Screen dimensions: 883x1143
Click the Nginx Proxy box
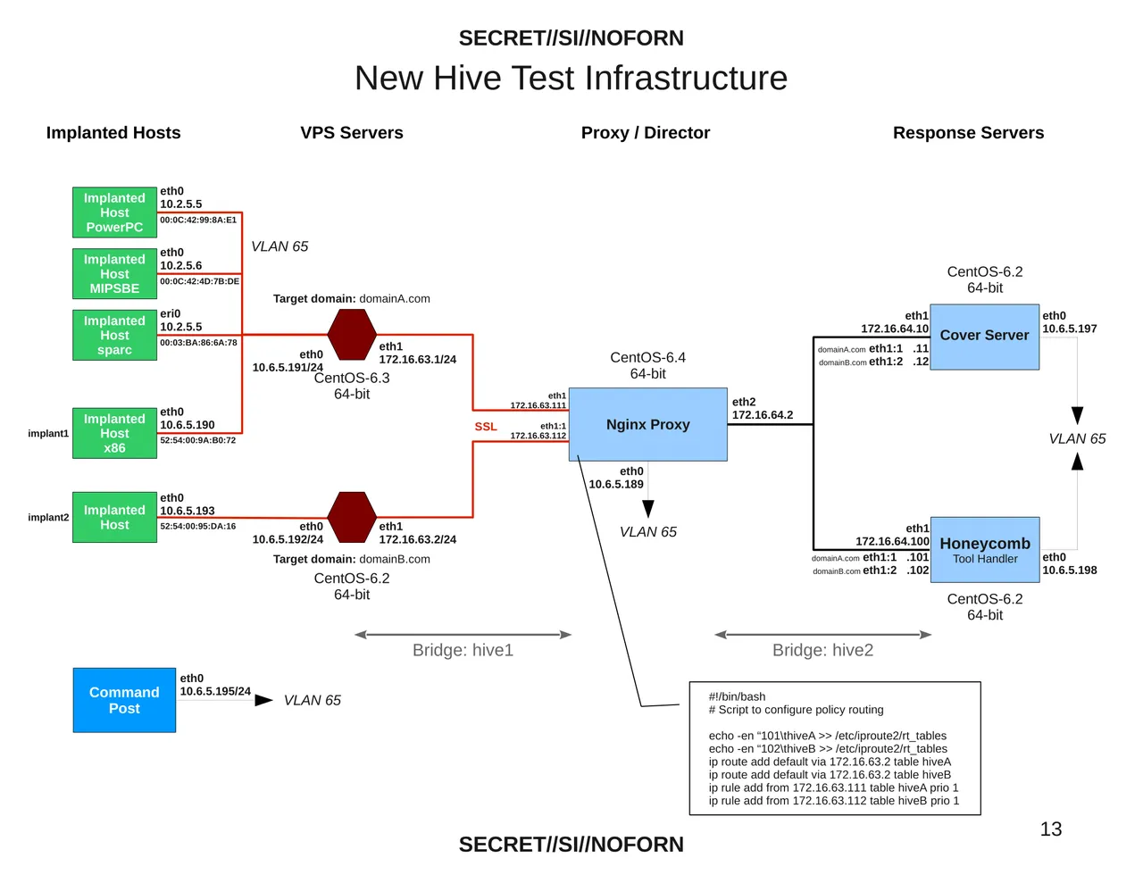(647, 424)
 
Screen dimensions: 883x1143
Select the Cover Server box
(984, 336)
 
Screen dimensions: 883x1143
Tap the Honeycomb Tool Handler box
(984, 549)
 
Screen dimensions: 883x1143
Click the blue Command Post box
(124, 700)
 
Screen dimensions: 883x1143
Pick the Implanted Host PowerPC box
(114, 212)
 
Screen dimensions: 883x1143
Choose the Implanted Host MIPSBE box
(114, 273)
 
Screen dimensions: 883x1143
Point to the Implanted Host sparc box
(114, 335)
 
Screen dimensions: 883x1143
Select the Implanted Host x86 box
(114, 433)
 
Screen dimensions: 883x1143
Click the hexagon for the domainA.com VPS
(352, 335)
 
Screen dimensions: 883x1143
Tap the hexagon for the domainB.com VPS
(352, 517)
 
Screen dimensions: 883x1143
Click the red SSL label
(486, 427)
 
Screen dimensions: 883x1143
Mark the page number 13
(1051, 829)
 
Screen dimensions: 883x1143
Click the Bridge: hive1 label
(463, 650)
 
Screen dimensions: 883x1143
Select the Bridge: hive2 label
(822, 650)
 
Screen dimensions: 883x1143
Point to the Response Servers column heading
(968, 133)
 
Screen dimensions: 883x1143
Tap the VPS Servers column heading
(352, 133)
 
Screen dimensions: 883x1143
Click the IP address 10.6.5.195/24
(215, 691)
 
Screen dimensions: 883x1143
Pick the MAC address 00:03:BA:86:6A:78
(198, 343)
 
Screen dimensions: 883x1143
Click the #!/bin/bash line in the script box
(737, 696)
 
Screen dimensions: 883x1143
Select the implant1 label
(48, 434)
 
